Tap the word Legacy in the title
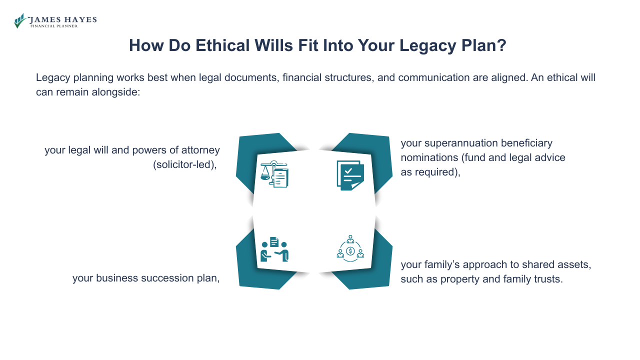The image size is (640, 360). (427, 45)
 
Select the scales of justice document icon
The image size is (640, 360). (274, 174)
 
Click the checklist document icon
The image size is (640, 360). (350, 175)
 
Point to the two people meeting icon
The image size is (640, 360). (274, 249)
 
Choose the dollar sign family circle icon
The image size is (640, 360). (350, 248)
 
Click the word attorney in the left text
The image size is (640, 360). (200, 150)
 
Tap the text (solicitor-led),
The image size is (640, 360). (185, 165)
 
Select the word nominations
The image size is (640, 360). (429, 158)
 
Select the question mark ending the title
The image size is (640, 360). (501, 45)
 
